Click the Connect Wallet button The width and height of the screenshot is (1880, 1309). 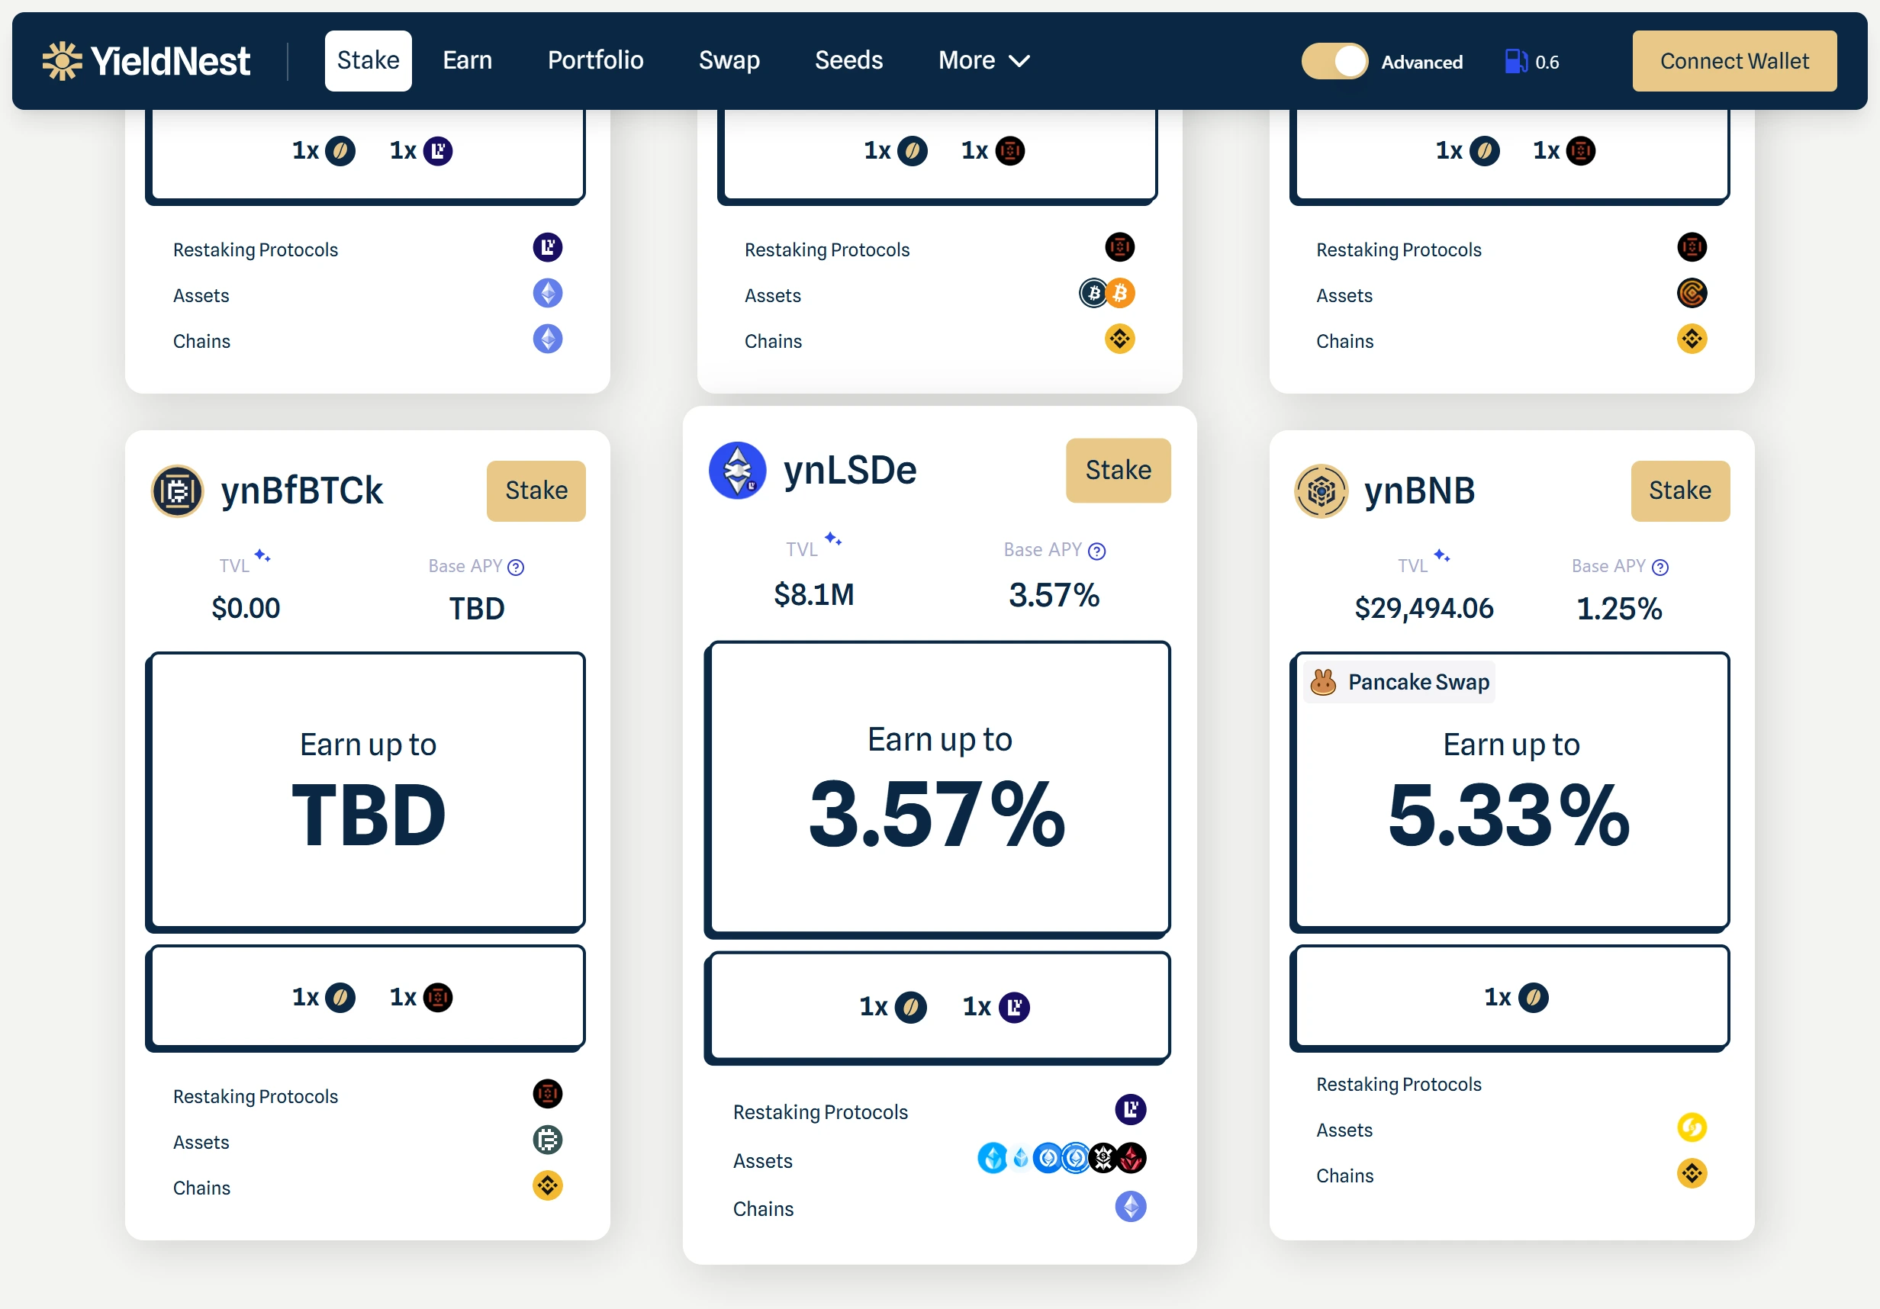pyautogui.click(x=1734, y=61)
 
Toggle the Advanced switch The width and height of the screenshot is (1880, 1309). pyautogui.click(x=1334, y=61)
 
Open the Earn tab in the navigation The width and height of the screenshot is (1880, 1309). pyautogui.click(x=467, y=60)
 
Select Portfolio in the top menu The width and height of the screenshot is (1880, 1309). pyautogui.click(x=595, y=60)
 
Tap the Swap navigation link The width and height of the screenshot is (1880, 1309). pyautogui.click(x=729, y=60)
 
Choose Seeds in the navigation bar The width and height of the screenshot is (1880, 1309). pyautogui.click(x=848, y=60)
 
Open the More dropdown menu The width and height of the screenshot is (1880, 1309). pyautogui.click(x=983, y=60)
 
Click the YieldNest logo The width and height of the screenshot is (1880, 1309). pyautogui.click(x=146, y=61)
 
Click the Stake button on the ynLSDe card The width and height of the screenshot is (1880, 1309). pyautogui.click(x=1118, y=470)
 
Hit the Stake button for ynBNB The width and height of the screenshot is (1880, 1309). pyautogui.click(x=1679, y=490)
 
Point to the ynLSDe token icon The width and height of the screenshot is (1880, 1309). pyautogui.click(x=737, y=471)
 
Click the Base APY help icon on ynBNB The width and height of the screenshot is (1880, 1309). pyautogui.click(x=1659, y=568)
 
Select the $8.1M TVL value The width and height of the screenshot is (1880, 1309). pyautogui.click(x=814, y=595)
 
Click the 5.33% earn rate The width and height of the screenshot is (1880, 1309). pyautogui.click(x=1508, y=815)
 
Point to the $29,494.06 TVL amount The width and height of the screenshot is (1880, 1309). pyautogui.click(x=1423, y=608)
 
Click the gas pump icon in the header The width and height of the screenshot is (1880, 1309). pyautogui.click(x=1515, y=61)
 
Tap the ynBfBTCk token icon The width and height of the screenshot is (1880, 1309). pyautogui.click(x=177, y=491)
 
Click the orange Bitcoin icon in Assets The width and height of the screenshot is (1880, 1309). pyautogui.click(x=1120, y=293)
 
